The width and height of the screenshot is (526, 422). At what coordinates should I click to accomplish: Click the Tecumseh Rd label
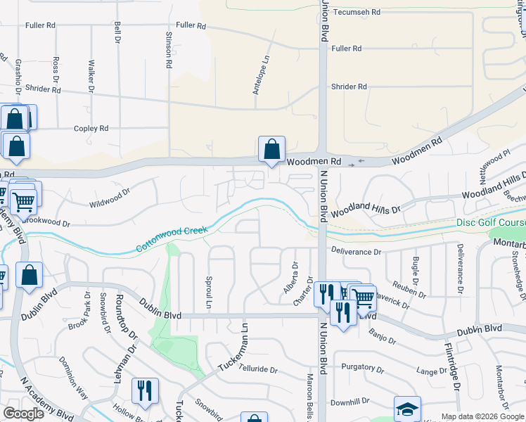pyautogui.click(x=357, y=13)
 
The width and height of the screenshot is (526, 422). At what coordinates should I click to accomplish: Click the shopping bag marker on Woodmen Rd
pyautogui.click(x=271, y=150)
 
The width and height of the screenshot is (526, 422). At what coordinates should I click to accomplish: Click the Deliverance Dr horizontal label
pyautogui.click(x=356, y=251)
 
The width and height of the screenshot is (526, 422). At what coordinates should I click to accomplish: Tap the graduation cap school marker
pyautogui.click(x=407, y=409)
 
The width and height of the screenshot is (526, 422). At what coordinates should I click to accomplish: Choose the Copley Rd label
pyautogui.click(x=91, y=129)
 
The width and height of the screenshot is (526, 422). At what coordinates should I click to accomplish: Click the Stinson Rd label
pyautogui.click(x=168, y=49)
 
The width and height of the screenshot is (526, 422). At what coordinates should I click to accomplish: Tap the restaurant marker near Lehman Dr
pyautogui.click(x=145, y=392)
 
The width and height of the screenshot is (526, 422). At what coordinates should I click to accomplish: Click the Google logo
pyautogui.click(x=23, y=413)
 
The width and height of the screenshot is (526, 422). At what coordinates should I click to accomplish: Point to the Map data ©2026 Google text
pyautogui.click(x=481, y=416)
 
